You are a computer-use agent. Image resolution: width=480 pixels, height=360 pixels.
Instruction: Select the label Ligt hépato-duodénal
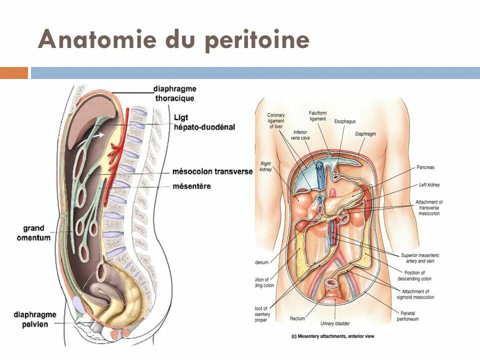204,122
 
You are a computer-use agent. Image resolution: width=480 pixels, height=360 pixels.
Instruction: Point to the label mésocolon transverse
212,171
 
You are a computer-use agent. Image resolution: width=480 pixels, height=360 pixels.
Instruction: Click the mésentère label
191,186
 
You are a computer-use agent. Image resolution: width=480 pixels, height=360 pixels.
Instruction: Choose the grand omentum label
33,233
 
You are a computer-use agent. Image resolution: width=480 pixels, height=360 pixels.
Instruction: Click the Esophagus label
345,121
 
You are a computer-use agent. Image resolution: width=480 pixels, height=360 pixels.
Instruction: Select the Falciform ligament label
317,116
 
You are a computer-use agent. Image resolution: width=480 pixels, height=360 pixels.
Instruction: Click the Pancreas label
425,167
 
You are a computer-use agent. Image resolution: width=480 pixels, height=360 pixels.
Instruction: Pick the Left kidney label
429,185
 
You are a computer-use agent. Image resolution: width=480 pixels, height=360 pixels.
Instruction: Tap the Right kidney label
266,166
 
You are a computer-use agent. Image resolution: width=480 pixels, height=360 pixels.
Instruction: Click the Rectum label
297,318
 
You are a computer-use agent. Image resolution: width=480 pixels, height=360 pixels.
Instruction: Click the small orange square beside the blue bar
14,73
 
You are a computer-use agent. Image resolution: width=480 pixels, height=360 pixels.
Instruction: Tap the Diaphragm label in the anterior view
365,134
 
